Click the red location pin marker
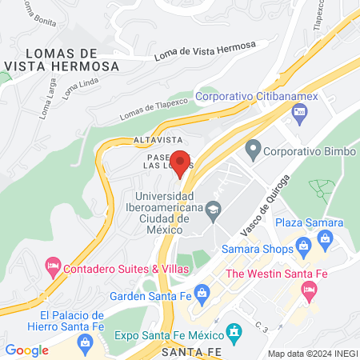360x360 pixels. click(181, 163)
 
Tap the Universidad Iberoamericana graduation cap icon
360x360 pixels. click(212, 211)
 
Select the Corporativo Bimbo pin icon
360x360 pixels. click(254, 149)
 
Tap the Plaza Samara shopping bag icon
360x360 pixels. click(325, 238)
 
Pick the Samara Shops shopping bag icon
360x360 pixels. click(303, 246)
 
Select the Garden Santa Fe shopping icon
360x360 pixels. click(202, 293)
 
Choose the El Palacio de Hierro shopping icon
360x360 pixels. click(85, 342)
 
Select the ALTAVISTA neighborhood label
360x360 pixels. click(158, 139)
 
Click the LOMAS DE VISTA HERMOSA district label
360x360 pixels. click(62, 57)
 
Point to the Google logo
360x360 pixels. click(26, 350)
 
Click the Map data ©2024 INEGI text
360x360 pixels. click(311, 353)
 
